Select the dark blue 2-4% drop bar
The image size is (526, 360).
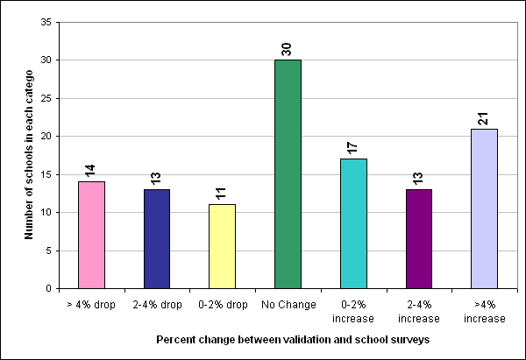pos(157,238)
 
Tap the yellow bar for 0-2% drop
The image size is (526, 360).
pos(222,246)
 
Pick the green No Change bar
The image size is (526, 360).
pos(288,173)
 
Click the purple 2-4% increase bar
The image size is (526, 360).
pos(418,238)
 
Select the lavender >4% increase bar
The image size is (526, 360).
pos(484,208)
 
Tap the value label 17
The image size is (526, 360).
pos(352,145)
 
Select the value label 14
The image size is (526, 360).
pos(91,167)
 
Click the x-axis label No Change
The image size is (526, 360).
pos(288,306)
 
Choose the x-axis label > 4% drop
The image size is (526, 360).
pos(91,306)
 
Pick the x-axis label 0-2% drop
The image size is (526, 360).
pos(222,306)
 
